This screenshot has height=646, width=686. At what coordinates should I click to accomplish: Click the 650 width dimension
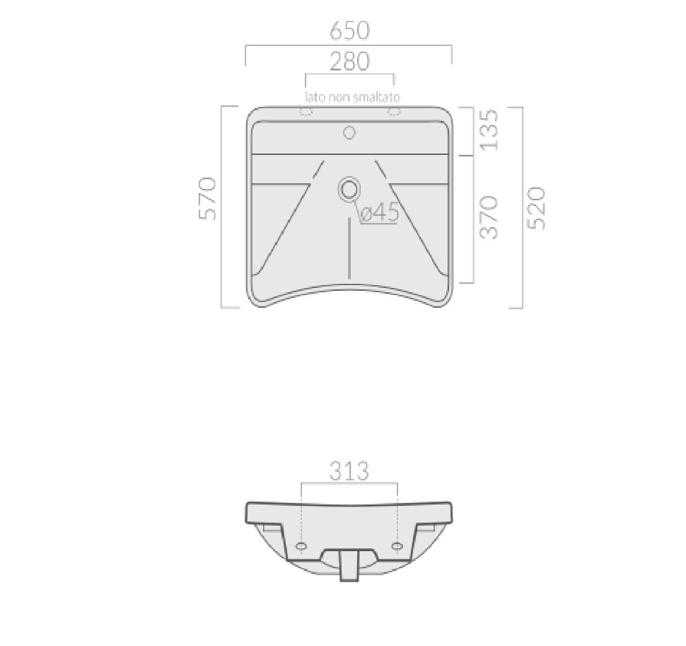tap(349, 30)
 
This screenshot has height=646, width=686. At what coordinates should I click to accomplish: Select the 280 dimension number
tap(349, 62)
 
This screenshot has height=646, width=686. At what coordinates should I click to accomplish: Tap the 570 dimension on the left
tap(208, 198)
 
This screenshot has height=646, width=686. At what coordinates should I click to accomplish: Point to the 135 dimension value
tap(489, 130)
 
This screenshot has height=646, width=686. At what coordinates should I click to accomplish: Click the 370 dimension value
tap(489, 217)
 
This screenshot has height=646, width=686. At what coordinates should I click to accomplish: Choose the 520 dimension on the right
tap(537, 208)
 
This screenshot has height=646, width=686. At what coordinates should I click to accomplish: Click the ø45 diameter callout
tap(380, 213)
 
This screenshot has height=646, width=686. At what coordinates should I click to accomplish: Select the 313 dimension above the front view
tap(349, 471)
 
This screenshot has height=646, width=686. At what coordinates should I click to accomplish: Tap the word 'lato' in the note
tap(315, 97)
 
